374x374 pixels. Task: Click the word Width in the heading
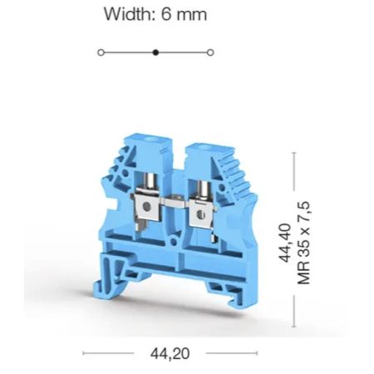point(128,14)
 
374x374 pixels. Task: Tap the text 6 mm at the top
point(184,14)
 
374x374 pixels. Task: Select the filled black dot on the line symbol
point(156,52)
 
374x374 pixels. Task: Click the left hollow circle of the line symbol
point(101,52)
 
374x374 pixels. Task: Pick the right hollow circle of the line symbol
point(210,52)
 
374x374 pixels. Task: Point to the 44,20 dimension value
point(170,353)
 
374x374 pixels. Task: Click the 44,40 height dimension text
point(285,243)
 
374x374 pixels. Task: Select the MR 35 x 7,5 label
point(303,243)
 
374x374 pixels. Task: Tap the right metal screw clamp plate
point(200,213)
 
